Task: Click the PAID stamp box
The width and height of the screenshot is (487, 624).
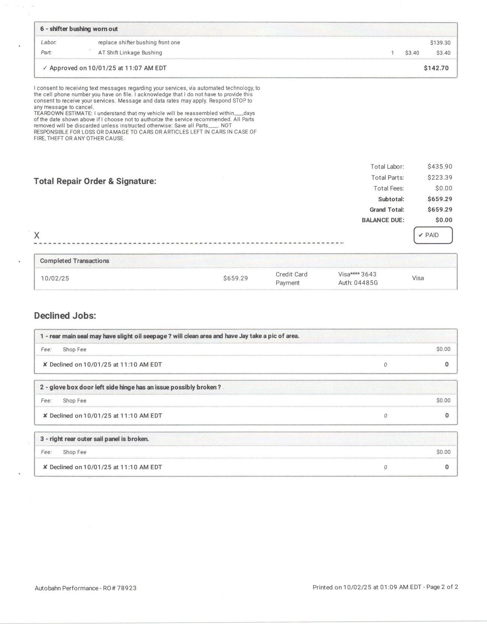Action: point(433,235)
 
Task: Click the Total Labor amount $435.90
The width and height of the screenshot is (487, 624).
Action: point(440,167)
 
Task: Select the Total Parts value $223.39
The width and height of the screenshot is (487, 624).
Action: point(440,178)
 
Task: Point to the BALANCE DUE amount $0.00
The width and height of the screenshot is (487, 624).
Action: point(444,220)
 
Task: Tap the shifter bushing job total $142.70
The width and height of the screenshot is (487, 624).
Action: point(436,68)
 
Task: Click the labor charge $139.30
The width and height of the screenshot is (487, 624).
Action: point(440,43)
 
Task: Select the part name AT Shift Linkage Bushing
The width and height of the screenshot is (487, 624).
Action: point(130,53)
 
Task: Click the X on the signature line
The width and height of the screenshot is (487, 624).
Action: point(37,236)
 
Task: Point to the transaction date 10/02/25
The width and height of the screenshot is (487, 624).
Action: point(55,279)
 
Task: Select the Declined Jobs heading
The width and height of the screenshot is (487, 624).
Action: point(65,316)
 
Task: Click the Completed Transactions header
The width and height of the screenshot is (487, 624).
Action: point(75,261)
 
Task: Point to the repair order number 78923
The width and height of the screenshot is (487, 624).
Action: point(127,588)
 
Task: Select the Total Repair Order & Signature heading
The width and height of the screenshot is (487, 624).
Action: point(95,181)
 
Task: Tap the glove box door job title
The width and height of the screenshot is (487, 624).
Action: point(130,387)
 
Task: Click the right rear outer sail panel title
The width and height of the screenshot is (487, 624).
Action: point(94,439)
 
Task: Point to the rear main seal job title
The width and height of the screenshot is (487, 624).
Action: point(170,336)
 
